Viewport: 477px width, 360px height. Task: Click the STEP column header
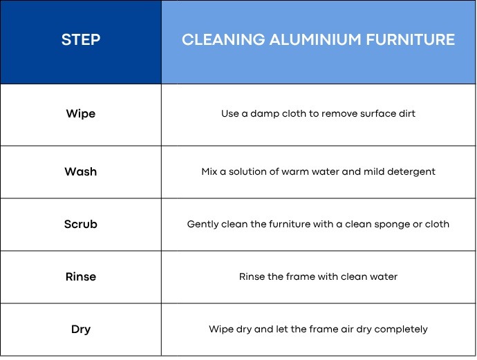(x=81, y=40)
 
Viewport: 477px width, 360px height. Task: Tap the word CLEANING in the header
(x=215, y=40)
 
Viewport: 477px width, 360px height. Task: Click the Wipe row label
(x=81, y=113)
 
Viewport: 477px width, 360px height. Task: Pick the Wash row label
(x=81, y=171)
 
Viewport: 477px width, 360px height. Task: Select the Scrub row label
(x=81, y=224)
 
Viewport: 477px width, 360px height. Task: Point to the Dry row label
(x=81, y=329)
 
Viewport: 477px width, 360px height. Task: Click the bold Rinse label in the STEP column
(x=81, y=276)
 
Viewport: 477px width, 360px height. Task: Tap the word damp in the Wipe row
(x=266, y=113)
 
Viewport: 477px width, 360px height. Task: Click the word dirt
(x=405, y=113)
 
